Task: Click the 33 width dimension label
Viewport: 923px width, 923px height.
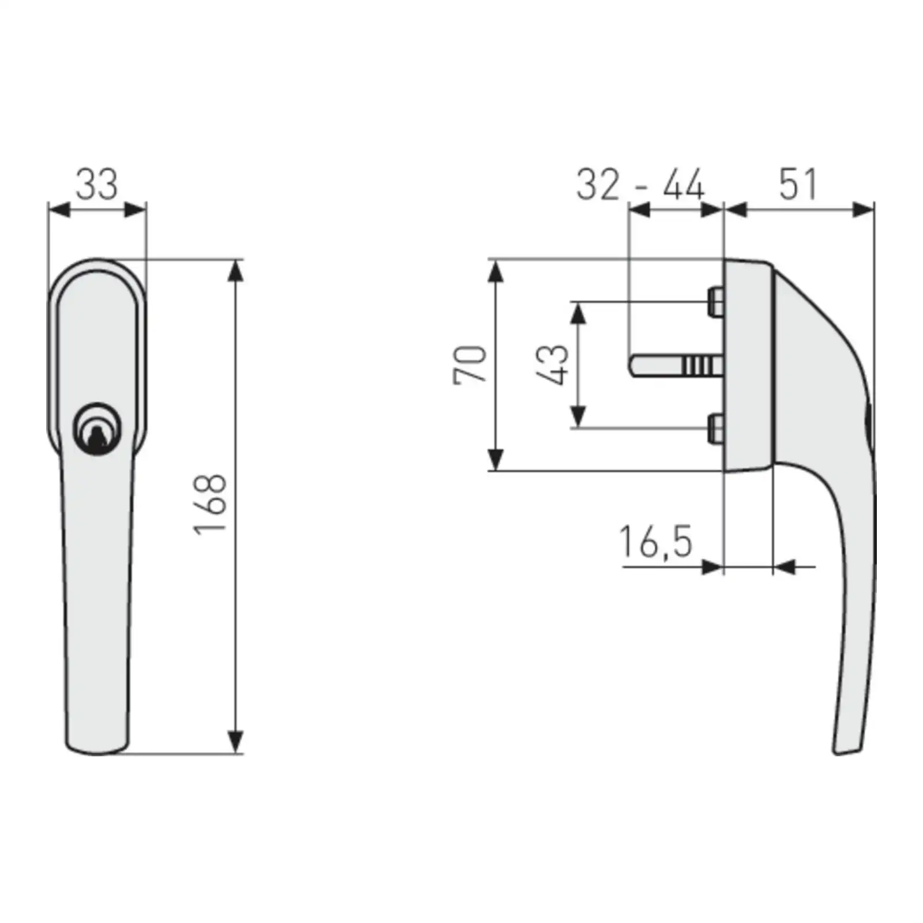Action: pos(96,185)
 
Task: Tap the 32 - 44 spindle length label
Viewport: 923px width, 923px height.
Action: pos(640,185)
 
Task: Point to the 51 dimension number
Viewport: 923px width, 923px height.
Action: pos(798,185)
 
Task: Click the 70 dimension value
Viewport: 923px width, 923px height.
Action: pos(470,365)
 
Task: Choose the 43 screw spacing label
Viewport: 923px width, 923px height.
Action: pos(553,365)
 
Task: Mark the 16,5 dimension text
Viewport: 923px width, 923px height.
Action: pos(655,542)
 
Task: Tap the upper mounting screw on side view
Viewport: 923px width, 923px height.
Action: pos(715,302)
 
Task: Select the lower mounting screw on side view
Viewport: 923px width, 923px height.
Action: pos(715,429)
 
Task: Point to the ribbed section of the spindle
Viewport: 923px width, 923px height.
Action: pos(697,366)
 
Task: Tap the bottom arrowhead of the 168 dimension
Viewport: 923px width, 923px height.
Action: pos(235,742)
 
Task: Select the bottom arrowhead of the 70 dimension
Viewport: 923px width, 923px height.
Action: pos(496,460)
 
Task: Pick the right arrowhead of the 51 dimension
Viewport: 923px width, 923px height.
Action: pos(864,210)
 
